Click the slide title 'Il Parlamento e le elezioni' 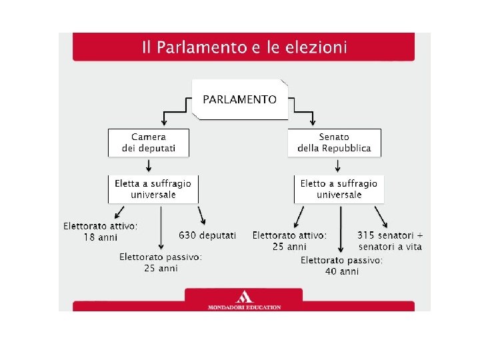244,47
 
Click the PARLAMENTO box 239,99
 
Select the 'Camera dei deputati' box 149,143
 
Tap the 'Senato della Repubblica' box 334,143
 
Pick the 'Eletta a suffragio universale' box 153,189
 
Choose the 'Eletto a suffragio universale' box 339,189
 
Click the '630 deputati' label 207,235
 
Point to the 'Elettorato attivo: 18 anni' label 101,231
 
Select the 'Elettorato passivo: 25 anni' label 161,262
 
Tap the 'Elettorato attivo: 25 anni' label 289,241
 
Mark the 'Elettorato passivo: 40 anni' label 341,266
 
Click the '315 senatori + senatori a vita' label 390,241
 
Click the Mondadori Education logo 244,300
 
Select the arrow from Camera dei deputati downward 149,165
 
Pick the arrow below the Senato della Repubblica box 337,165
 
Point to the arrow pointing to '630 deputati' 202,215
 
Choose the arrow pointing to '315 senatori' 381,216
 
